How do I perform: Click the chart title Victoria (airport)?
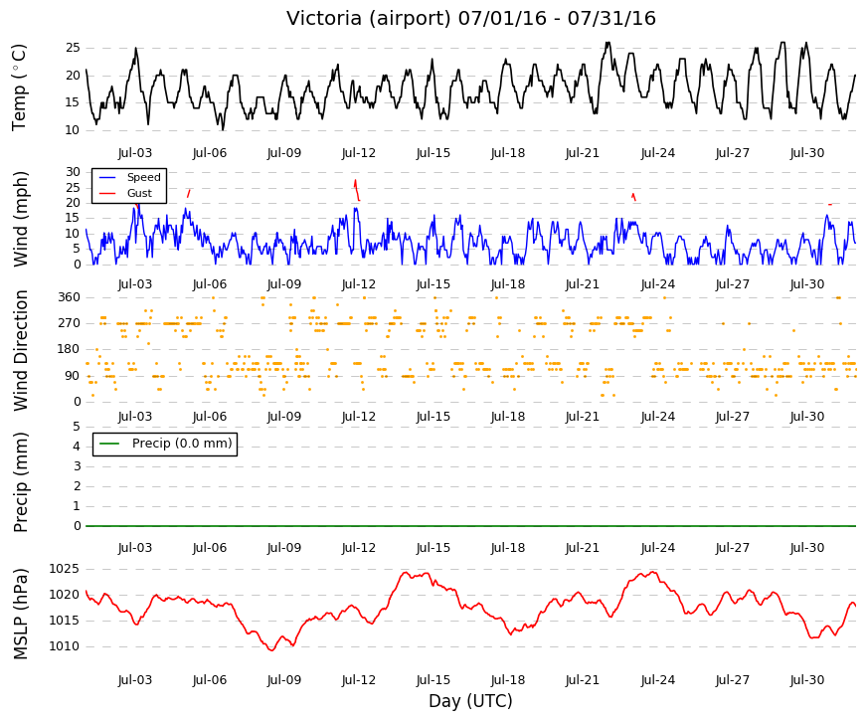pyautogui.click(x=369, y=18)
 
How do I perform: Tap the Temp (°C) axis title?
pyautogui.click(x=19, y=88)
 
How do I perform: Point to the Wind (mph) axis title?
pyautogui.click(x=20, y=220)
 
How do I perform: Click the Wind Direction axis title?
pyautogui.click(x=20, y=350)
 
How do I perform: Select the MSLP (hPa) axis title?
pyautogui.click(x=20, y=614)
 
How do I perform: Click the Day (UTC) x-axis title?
pyautogui.click(x=470, y=701)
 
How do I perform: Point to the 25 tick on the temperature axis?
pyautogui.click(x=73, y=48)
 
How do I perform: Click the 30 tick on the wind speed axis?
pyautogui.click(x=73, y=172)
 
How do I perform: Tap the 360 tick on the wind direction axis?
pyautogui.click(x=70, y=297)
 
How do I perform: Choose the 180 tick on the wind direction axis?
pyautogui.click(x=70, y=350)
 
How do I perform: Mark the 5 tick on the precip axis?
pyautogui.click(x=77, y=427)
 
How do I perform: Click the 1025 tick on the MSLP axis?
pyautogui.click(x=64, y=569)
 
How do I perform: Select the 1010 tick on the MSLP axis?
pyautogui.click(x=64, y=646)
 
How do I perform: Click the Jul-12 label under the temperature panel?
pyautogui.click(x=359, y=153)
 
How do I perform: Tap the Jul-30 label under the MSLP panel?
pyautogui.click(x=807, y=680)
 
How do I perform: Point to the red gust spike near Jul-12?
pyautogui.click(x=357, y=190)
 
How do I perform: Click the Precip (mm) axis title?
pyautogui.click(x=20, y=482)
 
